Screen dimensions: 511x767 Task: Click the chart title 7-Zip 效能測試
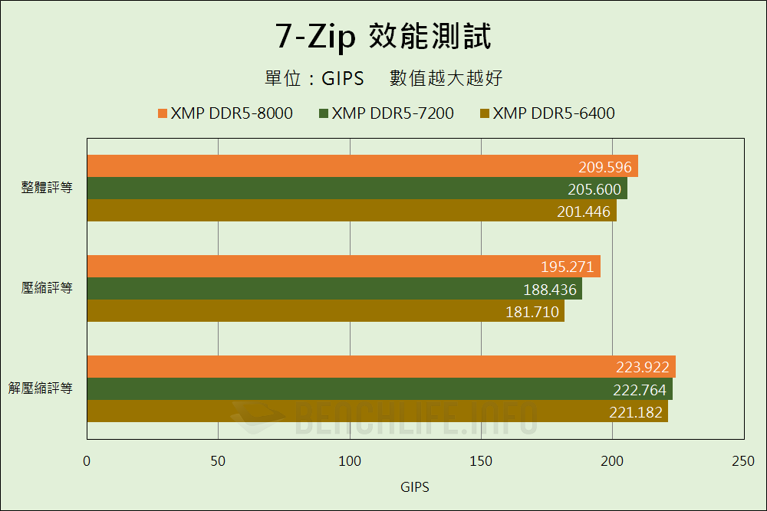pos(383,36)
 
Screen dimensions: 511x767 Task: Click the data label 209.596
pos(605,167)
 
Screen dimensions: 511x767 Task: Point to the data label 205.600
pos(594,189)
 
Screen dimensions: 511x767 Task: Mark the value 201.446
pos(584,211)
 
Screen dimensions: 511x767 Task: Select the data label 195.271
pos(568,267)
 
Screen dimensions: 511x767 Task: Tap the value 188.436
pos(549,290)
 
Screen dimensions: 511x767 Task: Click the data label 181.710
pos(532,312)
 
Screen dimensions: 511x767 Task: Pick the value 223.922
pos(643,367)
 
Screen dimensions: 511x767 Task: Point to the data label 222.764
pos(640,389)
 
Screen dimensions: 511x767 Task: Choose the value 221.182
pos(635,411)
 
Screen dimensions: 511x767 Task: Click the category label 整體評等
pos(47,188)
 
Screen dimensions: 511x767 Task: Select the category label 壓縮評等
pos(47,288)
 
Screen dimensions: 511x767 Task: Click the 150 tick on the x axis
pos(481,461)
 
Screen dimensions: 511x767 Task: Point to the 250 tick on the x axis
pos(743,461)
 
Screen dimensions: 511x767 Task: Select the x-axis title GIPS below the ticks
pos(415,487)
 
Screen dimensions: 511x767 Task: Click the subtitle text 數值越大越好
pos(446,78)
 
